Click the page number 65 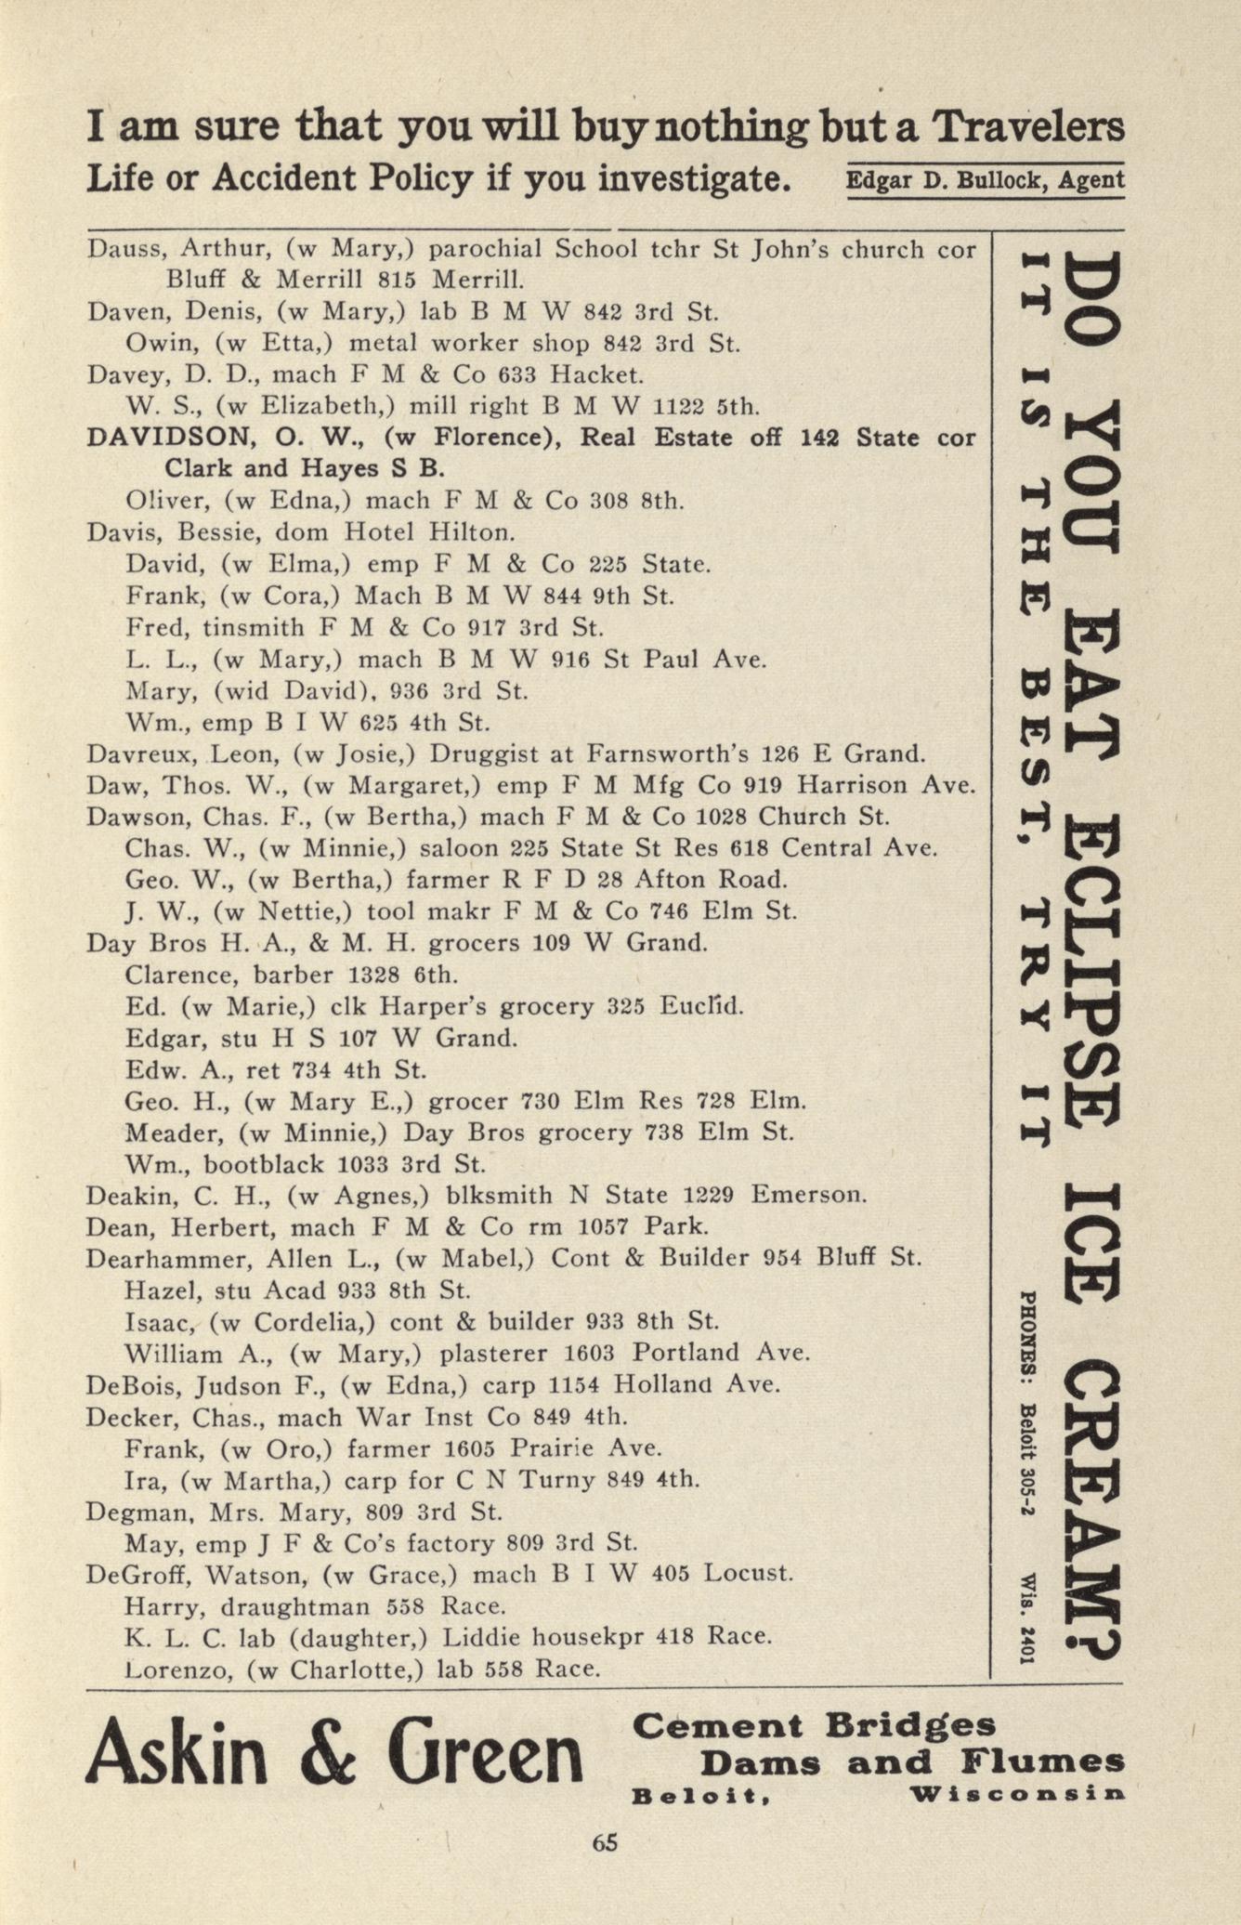[605, 1842]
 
